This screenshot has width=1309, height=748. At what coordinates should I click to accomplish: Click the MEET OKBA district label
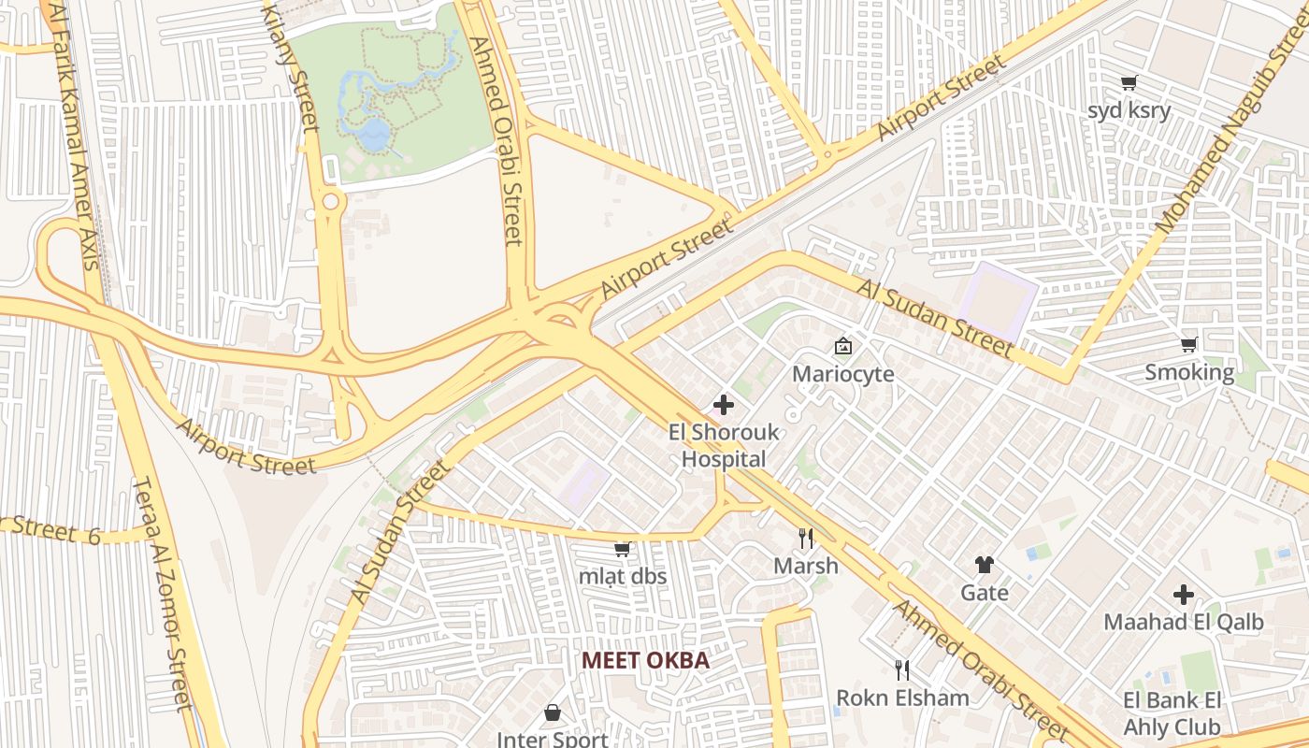point(645,660)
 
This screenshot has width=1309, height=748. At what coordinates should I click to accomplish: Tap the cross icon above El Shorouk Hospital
point(724,406)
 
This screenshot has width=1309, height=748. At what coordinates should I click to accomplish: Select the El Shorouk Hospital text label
point(724,446)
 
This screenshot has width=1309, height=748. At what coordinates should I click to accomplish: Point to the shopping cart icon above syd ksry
point(1129,82)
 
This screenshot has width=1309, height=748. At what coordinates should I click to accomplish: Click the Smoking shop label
point(1189,373)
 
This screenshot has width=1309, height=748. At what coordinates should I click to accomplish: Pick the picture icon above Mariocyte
point(842,346)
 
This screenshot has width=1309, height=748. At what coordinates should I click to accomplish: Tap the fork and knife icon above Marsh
point(805,538)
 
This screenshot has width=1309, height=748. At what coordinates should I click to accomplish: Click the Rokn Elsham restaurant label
point(902,698)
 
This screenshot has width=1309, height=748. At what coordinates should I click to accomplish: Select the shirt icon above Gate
point(984,565)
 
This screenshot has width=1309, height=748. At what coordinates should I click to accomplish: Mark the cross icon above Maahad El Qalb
point(1184,594)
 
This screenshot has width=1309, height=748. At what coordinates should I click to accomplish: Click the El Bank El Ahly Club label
point(1172,714)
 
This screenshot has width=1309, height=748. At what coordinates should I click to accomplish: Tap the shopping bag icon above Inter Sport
point(553,712)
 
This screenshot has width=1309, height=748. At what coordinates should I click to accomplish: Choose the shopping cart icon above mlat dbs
point(622,549)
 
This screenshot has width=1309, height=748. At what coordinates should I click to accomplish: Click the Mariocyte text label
point(842,374)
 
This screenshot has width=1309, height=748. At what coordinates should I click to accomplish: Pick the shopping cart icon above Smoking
point(1189,345)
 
